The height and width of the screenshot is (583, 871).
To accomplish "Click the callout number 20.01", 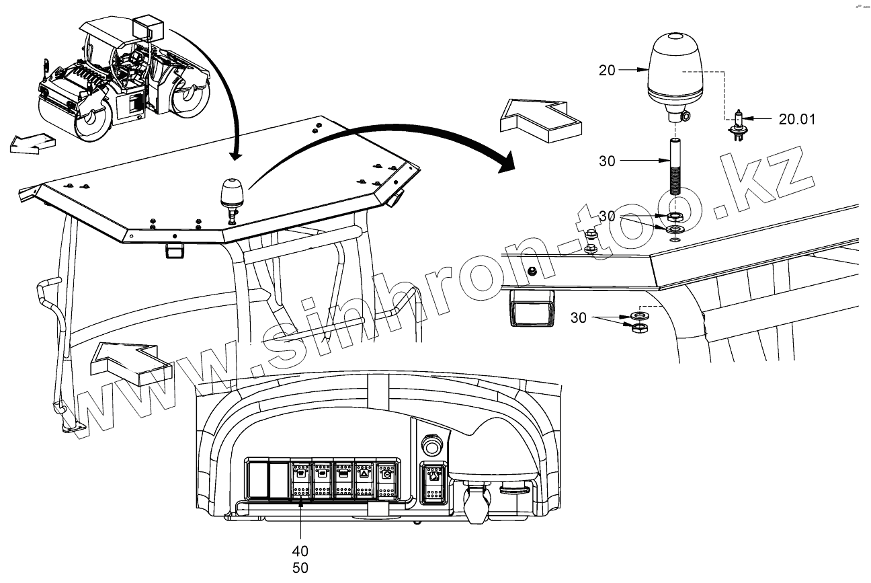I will click(796, 120).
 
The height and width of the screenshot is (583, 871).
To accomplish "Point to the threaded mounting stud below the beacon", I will click(675, 172).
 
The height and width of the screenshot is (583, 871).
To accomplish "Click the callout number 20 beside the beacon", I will click(607, 69).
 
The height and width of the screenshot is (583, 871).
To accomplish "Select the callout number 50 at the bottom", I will click(300, 568).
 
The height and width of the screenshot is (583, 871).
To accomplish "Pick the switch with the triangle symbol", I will click(365, 480).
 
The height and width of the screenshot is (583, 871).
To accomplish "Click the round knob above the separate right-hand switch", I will click(431, 446).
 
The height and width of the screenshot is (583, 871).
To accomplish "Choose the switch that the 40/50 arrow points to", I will click(300, 480).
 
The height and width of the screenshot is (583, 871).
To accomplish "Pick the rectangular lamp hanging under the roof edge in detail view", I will click(532, 309).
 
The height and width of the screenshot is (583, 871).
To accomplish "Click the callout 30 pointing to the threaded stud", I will click(607, 162).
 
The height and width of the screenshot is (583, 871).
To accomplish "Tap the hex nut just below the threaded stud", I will click(675, 217).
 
